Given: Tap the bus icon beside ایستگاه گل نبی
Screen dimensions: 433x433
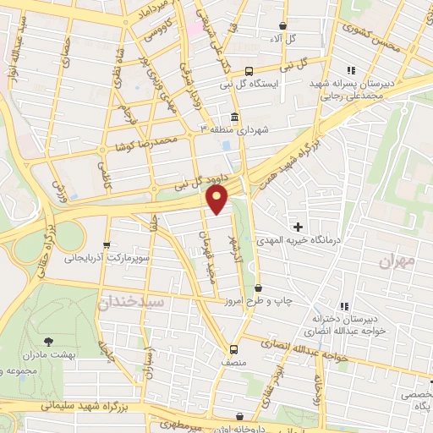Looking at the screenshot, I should [x=249, y=72].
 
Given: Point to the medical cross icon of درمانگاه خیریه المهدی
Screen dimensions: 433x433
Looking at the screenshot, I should [x=298, y=226].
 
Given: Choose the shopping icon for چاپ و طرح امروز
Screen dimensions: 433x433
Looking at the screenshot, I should [x=258, y=288].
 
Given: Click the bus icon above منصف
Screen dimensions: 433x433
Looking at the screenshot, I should [x=233, y=348].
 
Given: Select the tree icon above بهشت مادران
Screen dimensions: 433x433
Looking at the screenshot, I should [x=48, y=341].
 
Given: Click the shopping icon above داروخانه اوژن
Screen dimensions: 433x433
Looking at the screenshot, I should [x=243, y=416].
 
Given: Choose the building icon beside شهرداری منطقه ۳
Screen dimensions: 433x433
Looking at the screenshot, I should [x=233, y=117].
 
